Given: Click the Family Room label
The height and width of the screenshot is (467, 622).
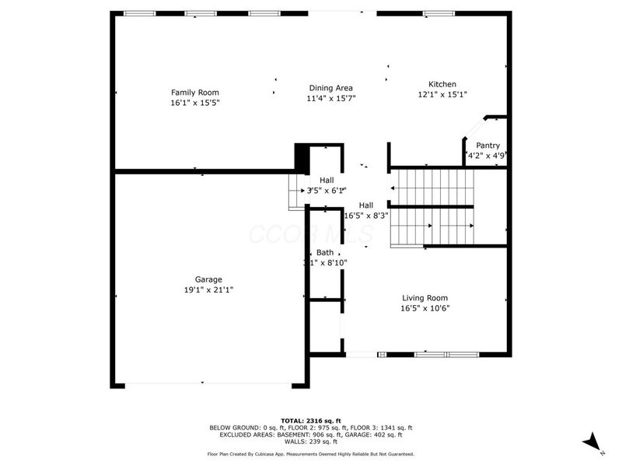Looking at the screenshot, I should pyautogui.click(x=195, y=92).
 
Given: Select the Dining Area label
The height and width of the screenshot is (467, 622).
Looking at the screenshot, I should pyautogui.click(x=331, y=88).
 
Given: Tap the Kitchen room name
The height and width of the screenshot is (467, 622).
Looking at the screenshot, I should pyautogui.click(x=442, y=84).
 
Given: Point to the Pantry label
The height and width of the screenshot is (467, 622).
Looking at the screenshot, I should pyautogui.click(x=487, y=145).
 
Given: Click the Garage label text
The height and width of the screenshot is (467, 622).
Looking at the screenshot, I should pyautogui.click(x=208, y=279).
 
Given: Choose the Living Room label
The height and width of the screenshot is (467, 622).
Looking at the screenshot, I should pyautogui.click(x=425, y=297).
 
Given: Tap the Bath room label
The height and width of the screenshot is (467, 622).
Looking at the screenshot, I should pyautogui.click(x=325, y=253).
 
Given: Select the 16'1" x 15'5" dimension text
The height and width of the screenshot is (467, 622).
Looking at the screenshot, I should pyautogui.click(x=195, y=103).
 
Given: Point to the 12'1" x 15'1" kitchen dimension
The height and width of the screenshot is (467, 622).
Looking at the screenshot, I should pyautogui.click(x=442, y=94).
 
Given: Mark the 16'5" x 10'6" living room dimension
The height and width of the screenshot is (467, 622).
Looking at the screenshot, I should pyautogui.click(x=425, y=308).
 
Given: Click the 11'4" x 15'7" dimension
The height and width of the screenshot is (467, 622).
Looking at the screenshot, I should pyautogui.click(x=331, y=99).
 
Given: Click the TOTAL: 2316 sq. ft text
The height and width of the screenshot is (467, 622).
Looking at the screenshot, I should pyautogui.click(x=310, y=420).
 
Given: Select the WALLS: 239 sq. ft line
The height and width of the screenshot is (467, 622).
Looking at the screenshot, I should pyautogui.click(x=310, y=441).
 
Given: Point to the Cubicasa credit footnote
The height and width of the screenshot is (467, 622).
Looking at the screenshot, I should pyautogui.click(x=310, y=454).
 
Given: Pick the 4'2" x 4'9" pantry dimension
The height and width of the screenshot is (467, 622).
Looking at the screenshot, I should pyautogui.click(x=487, y=155).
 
